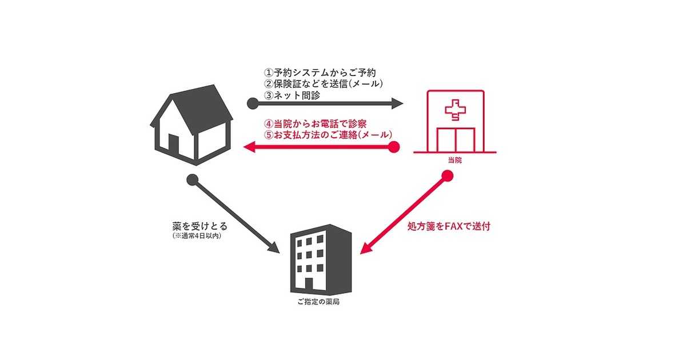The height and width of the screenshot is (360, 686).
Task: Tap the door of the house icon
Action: (173, 145)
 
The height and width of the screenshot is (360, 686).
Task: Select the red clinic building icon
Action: (455, 122)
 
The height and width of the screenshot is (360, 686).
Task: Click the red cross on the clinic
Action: (456, 109)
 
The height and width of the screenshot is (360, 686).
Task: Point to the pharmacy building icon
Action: (321, 259)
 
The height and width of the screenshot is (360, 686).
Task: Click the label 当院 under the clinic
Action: (455, 160)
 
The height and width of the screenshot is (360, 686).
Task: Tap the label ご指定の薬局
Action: (318, 302)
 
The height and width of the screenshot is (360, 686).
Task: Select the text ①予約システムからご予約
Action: (320, 73)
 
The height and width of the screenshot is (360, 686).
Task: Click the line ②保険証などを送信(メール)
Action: (324, 83)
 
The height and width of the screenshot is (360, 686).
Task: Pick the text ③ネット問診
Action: (292, 95)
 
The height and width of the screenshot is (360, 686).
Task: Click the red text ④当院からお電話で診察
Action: (316, 124)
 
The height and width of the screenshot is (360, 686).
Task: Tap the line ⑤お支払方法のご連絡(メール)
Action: (328, 135)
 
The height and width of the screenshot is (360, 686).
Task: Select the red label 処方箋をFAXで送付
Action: (449, 226)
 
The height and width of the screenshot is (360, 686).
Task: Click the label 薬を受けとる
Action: (200, 226)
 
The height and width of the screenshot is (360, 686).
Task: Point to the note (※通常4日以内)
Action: (197, 236)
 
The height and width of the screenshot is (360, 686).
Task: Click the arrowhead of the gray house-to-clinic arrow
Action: (397, 103)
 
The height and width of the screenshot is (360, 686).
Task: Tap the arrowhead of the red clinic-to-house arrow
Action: (249, 147)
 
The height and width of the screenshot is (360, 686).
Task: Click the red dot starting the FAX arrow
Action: (448, 176)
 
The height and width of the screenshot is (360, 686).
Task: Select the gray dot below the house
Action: (192, 180)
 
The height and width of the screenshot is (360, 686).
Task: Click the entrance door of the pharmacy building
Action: (309, 283)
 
